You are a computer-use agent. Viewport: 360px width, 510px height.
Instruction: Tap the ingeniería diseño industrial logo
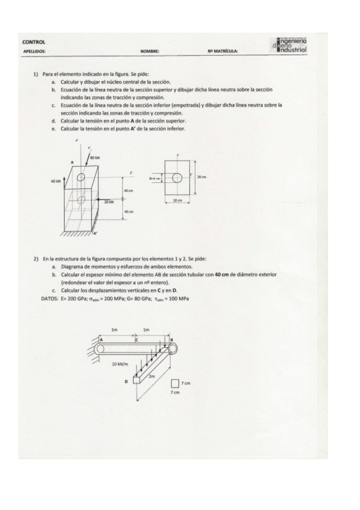pos(290,44)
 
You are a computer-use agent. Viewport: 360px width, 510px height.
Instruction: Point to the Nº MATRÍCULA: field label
pos(222,52)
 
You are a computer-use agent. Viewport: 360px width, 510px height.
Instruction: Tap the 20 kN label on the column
pos(109,203)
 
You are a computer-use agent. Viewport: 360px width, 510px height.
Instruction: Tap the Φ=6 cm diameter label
pos(154,177)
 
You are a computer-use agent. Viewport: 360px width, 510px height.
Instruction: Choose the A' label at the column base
pos(96,233)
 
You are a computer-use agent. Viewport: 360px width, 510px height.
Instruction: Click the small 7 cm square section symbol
pos(174,383)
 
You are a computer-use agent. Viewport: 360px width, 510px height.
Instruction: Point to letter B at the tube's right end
pos(172,340)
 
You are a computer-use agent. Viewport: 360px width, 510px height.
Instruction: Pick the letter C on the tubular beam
pos(136,340)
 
